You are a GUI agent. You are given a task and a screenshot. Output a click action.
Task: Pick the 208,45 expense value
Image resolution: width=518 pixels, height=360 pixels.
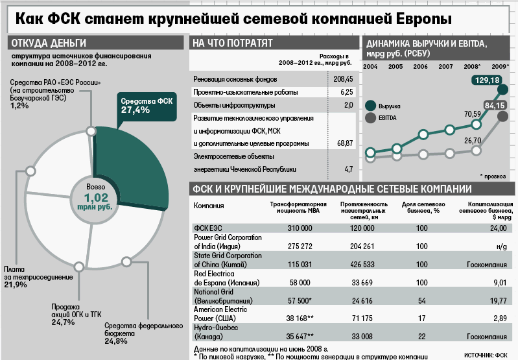(x=342, y=78)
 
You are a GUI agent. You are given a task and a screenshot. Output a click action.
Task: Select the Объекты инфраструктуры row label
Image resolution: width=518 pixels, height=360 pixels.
(x=225, y=105)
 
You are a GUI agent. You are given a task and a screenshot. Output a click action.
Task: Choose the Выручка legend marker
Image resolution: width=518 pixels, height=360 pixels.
(x=370, y=106)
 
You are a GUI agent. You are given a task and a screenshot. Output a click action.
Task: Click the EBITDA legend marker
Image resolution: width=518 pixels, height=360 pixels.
(x=370, y=118)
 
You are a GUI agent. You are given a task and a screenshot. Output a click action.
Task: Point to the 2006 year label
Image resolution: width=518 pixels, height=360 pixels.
(x=420, y=67)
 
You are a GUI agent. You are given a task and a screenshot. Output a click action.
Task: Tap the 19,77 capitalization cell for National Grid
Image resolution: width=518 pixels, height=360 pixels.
(x=497, y=300)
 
